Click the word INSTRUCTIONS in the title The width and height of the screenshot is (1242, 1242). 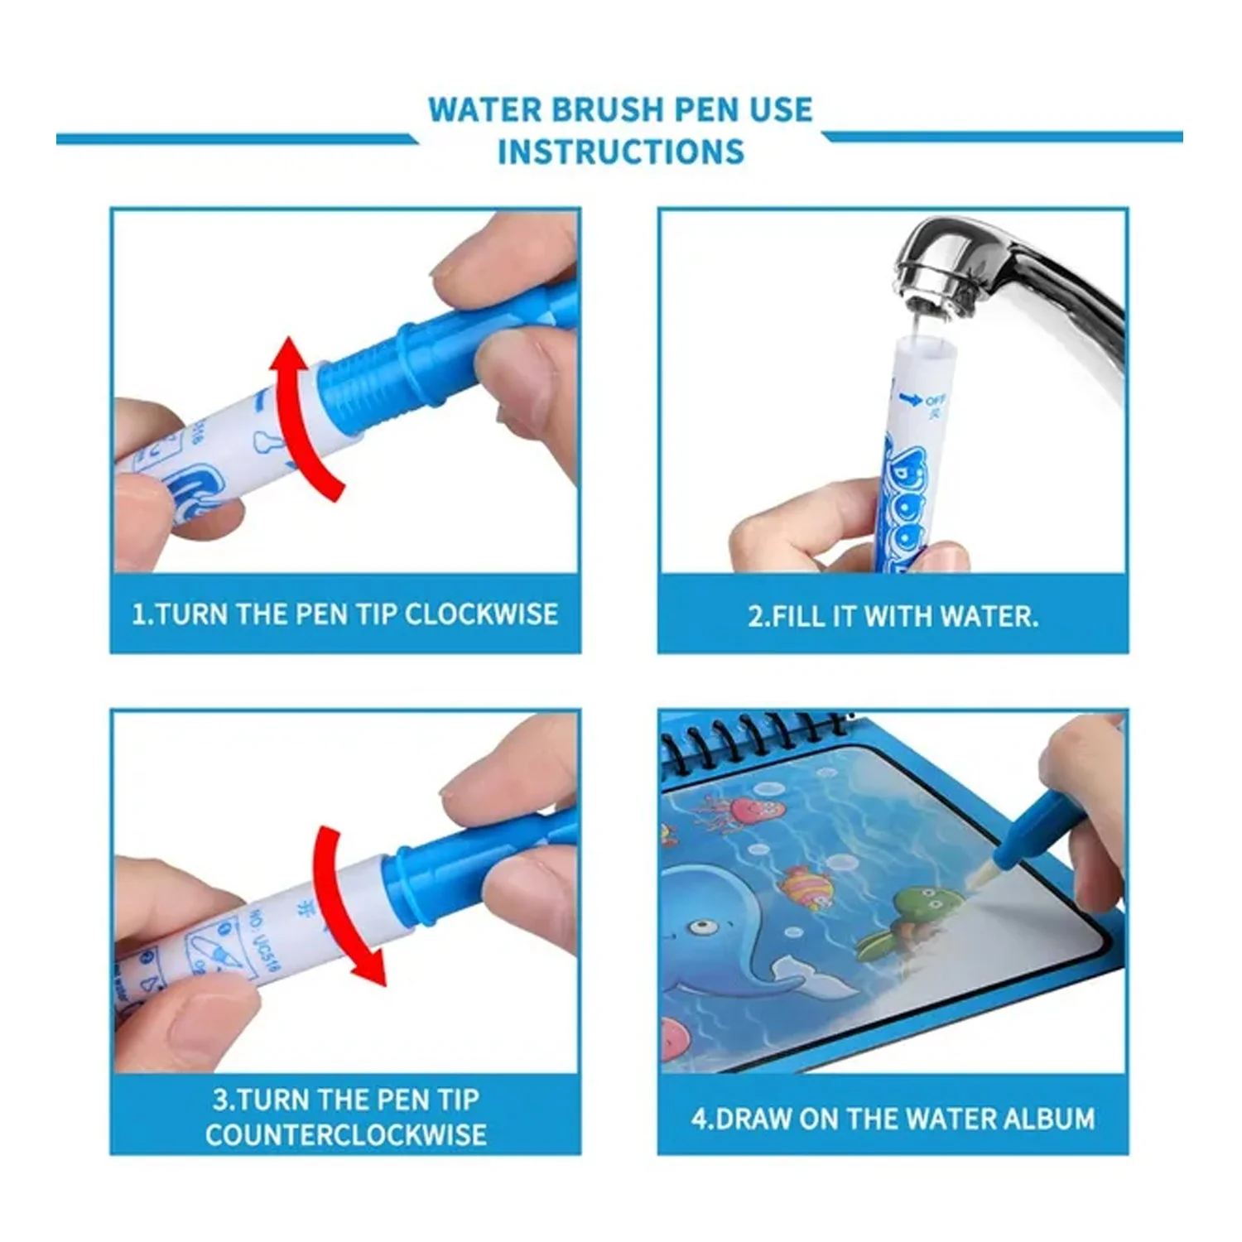tap(620, 152)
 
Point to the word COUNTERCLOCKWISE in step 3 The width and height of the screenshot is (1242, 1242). tap(345, 1134)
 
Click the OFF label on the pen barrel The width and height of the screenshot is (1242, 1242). tap(934, 401)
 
